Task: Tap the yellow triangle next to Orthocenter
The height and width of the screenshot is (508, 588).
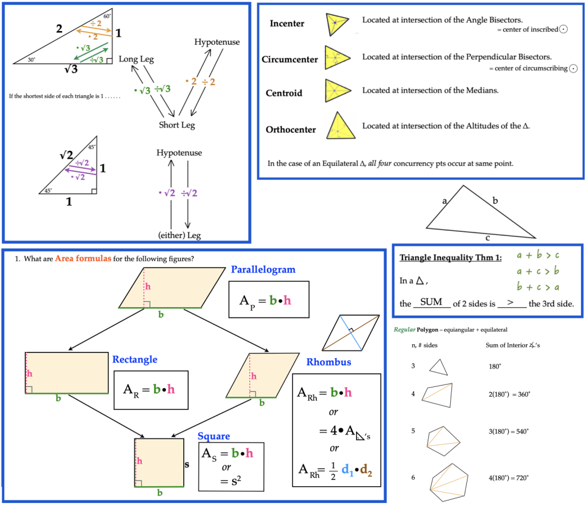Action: pyautogui.click(x=337, y=126)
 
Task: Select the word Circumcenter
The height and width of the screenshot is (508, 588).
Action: pyautogui.click(x=289, y=59)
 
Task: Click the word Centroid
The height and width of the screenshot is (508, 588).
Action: pyautogui.click(x=284, y=93)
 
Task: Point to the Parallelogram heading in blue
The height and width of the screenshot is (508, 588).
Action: pyautogui.click(x=263, y=270)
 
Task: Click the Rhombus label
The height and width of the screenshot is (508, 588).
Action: pyautogui.click(x=328, y=362)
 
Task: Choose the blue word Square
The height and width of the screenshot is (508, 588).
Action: pyautogui.click(x=213, y=437)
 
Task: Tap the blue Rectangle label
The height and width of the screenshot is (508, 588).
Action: pyautogui.click(x=135, y=360)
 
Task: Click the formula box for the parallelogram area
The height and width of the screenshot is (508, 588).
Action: pyautogui.click(x=269, y=299)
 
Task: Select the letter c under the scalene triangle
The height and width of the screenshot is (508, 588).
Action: pyautogui.click(x=488, y=238)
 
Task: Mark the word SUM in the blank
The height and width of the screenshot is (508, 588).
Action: pyautogui.click(x=431, y=302)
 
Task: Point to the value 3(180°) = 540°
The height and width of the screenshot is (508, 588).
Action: pyautogui.click(x=508, y=431)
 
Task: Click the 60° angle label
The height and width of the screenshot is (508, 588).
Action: pyautogui.click(x=107, y=16)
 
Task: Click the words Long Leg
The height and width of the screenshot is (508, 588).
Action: pyautogui.click(x=136, y=59)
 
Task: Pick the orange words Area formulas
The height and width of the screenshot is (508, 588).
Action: pyautogui.click(x=82, y=259)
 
